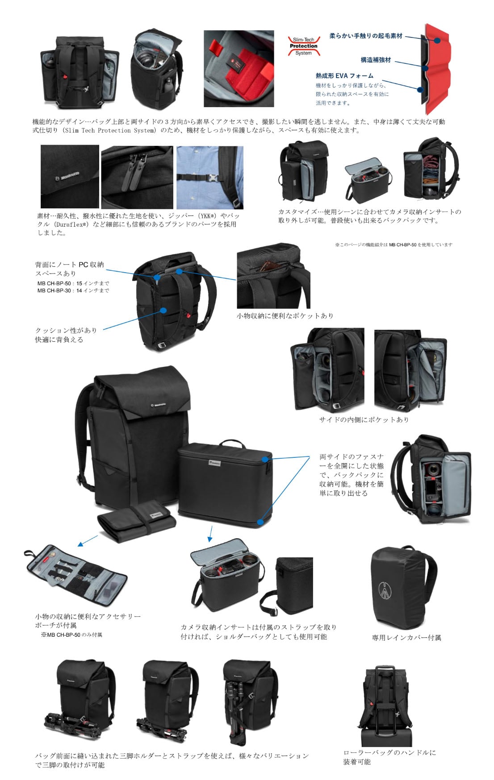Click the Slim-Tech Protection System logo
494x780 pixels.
[303, 46]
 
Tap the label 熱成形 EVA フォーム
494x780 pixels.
[344, 76]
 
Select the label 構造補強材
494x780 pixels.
[376, 60]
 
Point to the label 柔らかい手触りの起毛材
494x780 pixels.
[365, 36]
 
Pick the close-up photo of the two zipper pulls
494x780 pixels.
[137, 177]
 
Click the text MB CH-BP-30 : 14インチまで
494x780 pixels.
[73, 290]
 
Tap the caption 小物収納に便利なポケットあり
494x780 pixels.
[285, 315]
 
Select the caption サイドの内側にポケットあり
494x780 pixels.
[364, 419]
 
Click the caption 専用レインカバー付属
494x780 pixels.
[406, 638]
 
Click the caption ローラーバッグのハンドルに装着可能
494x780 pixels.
[389, 757]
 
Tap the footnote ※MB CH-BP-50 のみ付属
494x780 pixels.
[71, 635]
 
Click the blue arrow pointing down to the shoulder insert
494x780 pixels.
[210, 534]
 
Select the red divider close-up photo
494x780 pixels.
[239, 68]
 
